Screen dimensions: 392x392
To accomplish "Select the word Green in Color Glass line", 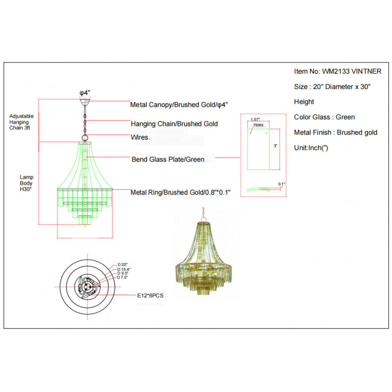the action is [345, 117].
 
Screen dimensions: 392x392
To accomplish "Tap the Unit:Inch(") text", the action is [311, 148].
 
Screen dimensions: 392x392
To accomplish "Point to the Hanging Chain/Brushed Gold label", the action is [174, 124].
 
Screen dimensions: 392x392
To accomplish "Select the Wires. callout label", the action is [140, 137].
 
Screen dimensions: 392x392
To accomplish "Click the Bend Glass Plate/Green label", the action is [168, 159].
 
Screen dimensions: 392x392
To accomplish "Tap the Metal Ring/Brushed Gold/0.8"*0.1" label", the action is [180, 192].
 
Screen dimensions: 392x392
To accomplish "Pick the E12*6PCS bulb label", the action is [150, 296].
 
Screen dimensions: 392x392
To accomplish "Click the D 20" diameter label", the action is [122, 265].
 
